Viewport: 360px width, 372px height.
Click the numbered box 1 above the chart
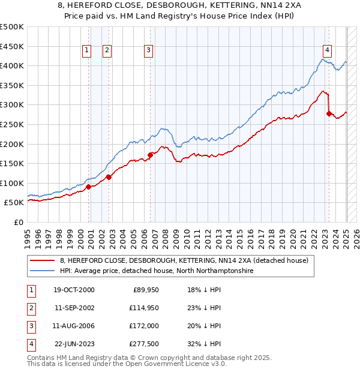(87, 50)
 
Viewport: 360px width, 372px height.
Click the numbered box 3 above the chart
(148, 50)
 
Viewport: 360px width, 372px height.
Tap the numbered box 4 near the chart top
(327, 50)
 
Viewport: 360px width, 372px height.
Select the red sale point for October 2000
(88, 187)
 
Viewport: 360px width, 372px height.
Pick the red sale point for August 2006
(150, 155)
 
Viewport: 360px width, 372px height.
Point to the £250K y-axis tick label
(12, 124)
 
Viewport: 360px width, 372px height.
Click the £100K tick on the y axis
(12, 183)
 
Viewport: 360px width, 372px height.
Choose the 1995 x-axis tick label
(28, 234)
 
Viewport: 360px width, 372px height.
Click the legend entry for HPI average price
(157, 271)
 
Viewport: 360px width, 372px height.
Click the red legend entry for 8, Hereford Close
(184, 260)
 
